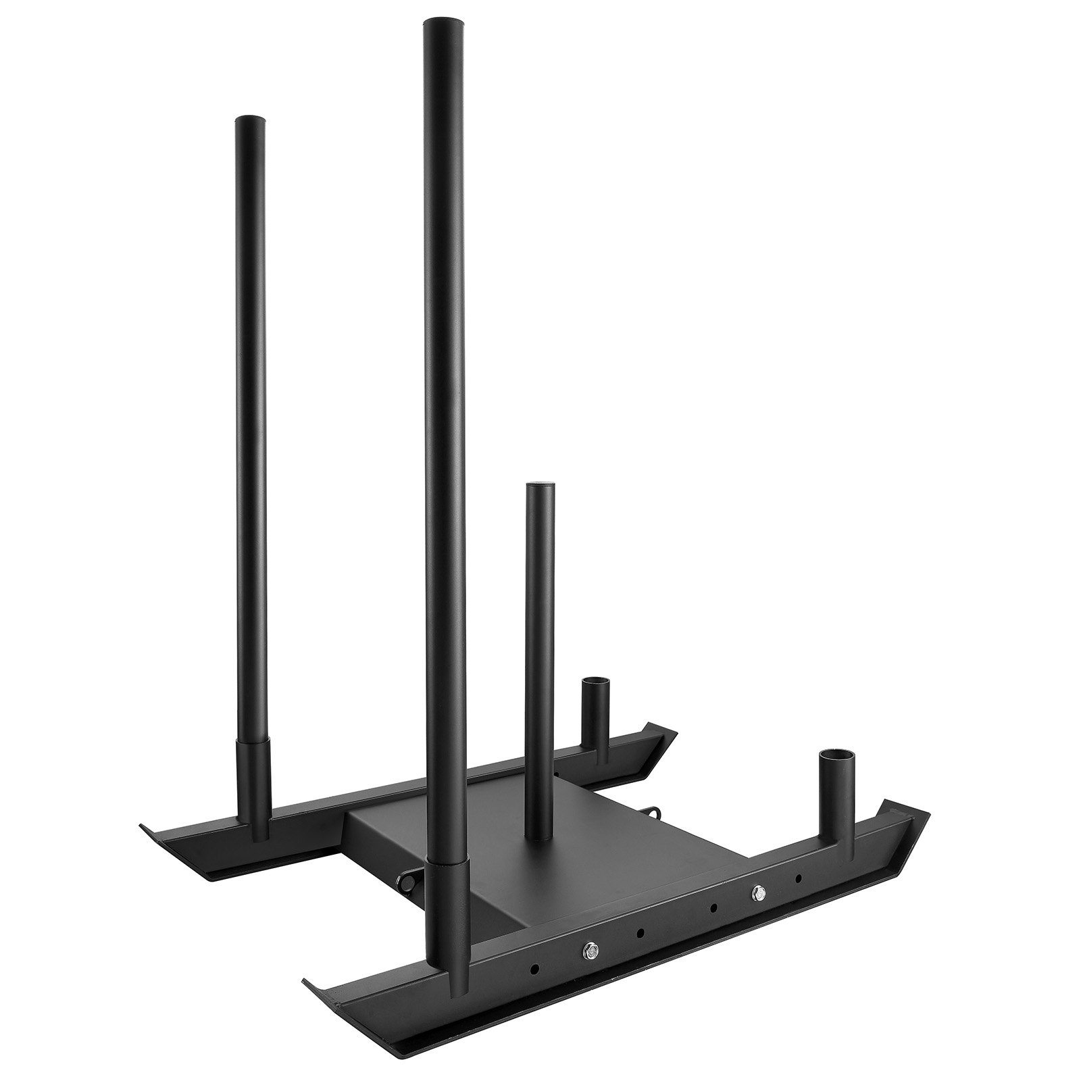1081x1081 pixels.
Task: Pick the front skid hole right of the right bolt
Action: [799, 878]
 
